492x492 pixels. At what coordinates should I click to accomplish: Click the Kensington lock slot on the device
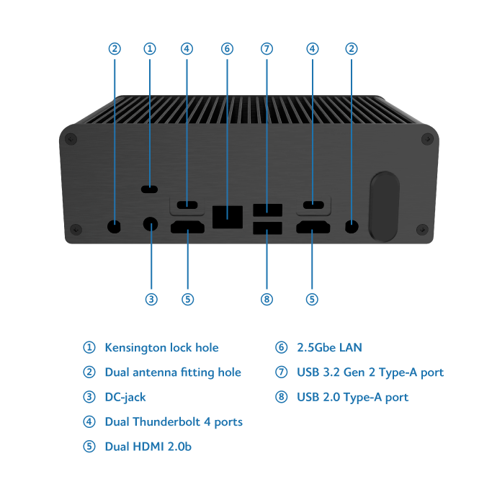click(150, 189)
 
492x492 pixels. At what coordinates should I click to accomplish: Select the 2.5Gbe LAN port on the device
click(227, 213)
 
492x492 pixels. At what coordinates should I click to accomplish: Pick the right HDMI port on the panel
click(312, 230)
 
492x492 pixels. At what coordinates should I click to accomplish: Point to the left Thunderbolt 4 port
click(187, 205)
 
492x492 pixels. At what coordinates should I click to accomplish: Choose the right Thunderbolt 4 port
click(312, 205)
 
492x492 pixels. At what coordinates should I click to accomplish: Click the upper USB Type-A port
click(267, 210)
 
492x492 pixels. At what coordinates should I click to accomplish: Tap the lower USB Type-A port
click(267, 231)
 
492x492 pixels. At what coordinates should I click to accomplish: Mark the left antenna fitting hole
click(115, 225)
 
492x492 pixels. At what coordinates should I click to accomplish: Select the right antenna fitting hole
click(352, 226)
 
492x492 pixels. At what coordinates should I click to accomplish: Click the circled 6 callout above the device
click(227, 49)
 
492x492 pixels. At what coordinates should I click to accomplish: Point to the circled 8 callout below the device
click(267, 299)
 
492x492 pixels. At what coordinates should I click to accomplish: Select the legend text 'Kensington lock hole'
click(161, 348)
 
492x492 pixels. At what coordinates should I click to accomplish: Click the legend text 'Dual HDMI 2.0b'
click(148, 447)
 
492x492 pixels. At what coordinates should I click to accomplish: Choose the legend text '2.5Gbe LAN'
click(329, 348)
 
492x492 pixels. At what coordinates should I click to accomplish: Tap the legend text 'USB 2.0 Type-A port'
click(353, 397)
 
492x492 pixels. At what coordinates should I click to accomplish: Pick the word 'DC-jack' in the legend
click(125, 397)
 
